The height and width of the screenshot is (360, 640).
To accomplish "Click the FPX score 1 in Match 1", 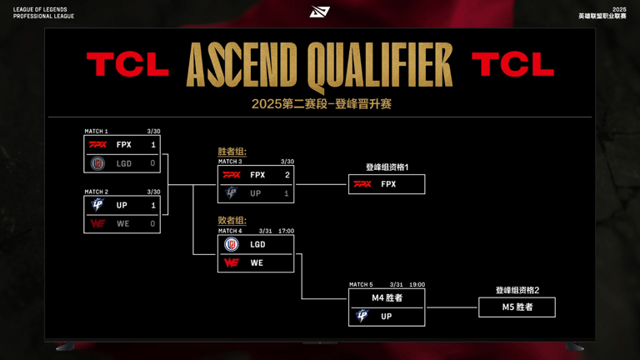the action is point(153,145).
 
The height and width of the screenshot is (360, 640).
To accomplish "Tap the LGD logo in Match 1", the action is point(97,163).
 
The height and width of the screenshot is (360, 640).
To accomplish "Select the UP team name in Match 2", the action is point(122,205).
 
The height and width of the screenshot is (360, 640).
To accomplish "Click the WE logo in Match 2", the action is point(97,223).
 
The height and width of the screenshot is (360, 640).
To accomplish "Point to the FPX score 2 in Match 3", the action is point(287,175).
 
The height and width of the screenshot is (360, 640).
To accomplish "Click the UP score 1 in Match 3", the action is point(286,193).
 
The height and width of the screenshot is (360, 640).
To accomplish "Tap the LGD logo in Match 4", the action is point(232,244).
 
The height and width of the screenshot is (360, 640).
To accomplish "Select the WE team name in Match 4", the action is point(257,262).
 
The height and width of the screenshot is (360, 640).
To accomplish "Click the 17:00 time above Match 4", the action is point(286,231).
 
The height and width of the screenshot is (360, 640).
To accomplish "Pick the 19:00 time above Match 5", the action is point(417,284).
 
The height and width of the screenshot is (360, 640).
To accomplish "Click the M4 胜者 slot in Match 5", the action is point(387,298).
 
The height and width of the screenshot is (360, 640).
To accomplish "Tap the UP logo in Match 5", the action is point(362,316).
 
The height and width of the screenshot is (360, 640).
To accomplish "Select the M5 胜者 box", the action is point(517,307).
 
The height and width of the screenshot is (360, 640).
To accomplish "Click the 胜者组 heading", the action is point(232,152).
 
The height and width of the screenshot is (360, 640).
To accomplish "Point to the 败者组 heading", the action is point(232,220).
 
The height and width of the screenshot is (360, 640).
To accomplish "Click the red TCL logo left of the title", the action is point(127,64).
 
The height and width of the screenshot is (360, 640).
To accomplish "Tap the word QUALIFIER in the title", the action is point(380,65).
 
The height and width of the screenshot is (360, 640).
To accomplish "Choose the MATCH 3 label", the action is point(230,162).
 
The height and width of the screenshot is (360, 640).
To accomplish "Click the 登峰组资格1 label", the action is point(387,167).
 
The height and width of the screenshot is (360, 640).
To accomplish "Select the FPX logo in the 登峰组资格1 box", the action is point(362,184).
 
